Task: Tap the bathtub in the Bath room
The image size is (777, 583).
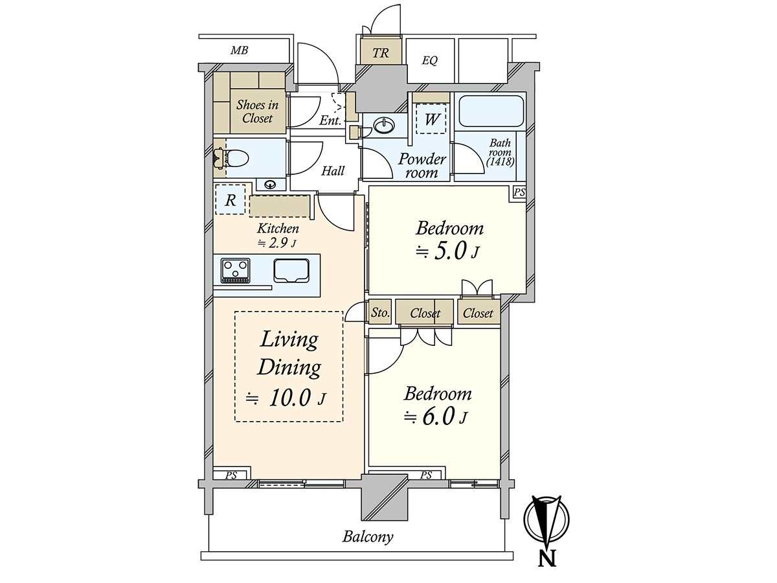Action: click(491, 111)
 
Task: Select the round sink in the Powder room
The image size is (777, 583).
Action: click(384, 124)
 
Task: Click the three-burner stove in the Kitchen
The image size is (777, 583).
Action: click(236, 270)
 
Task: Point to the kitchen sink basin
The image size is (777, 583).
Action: click(291, 271)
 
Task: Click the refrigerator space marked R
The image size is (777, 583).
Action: click(231, 200)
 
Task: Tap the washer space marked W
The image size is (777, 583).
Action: click(431, 119)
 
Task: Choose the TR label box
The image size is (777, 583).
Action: click(381, 52)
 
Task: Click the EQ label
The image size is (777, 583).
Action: click(430, 60)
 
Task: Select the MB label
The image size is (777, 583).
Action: click(240, 51)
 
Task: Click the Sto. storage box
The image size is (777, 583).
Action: click(380, 312)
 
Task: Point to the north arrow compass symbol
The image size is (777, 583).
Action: click(547, 520)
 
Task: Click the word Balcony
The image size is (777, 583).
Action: click(367, 536)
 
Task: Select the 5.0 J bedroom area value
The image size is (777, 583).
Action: click(448, 251)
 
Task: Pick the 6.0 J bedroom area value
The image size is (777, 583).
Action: click(436, 417)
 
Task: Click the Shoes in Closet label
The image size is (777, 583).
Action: click(257, 111)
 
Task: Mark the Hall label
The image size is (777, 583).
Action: click(333, 171)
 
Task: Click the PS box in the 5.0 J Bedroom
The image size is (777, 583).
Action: click(519, 193)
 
